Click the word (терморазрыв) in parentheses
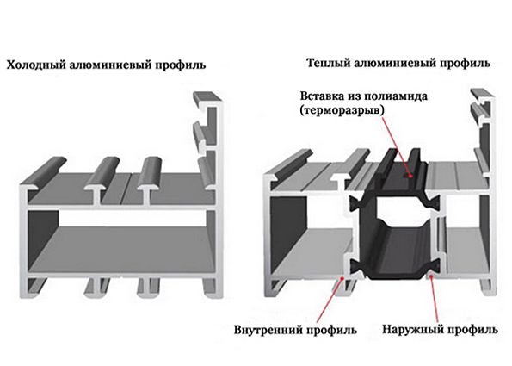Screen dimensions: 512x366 click(342, 110)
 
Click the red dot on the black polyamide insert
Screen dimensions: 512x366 click(410, 177)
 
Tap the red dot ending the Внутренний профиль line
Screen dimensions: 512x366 click(342, 278)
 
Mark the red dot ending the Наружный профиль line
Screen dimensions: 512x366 click(431, 276)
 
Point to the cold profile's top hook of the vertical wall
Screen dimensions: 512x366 click(207, 98)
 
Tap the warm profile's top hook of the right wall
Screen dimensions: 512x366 click(482, 96)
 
